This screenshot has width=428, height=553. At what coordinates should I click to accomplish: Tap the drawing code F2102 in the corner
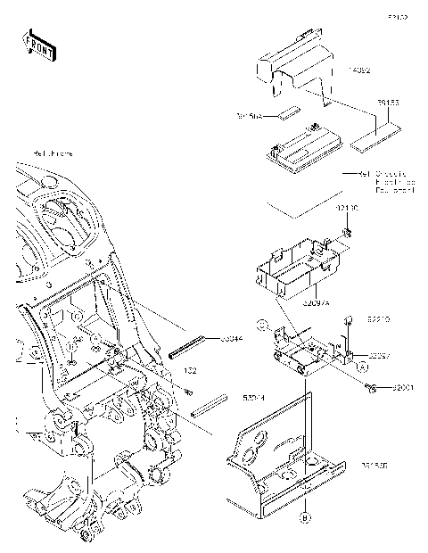point(397,17)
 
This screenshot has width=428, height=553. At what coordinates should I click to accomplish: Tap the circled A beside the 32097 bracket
point(363,365)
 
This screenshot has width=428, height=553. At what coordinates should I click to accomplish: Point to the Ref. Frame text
point(53,153)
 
